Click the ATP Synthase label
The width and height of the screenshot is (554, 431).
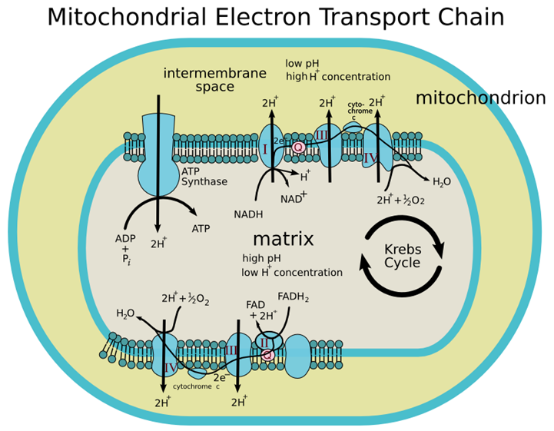pyautogui.click(x=204, y=177)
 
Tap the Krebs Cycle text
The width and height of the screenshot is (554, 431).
pyautogui.click(x=402, y=256)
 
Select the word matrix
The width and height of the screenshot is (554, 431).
pyautogui.click(x=283, y=238)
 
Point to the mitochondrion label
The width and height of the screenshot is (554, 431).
pyautogui.click(x=480, y=98)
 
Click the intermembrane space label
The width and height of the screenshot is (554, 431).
pyautogui.click(x=214, y=80)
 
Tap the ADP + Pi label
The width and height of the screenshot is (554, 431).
pyautogui.click(x=124, y=248)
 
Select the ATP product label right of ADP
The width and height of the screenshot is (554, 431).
pyautogui.click(x=201, y=228)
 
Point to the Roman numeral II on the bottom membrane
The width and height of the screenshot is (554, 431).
pyautogui.click(x=264, y=340)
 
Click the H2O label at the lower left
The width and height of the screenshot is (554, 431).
pyautogui.click(x=125, y=313)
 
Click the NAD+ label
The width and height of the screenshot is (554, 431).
pyautogui.click(x=293, y=197)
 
